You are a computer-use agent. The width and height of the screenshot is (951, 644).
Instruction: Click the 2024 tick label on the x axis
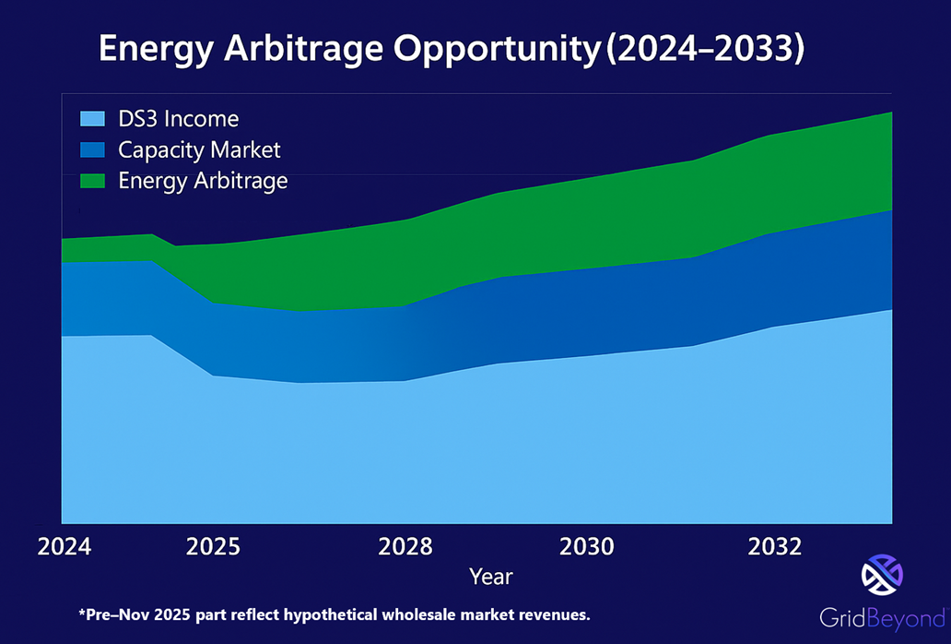tap(65, 547)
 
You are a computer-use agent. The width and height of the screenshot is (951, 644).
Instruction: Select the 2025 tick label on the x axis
tap(213, 547)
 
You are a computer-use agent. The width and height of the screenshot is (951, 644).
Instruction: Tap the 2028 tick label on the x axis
tap(405, 547)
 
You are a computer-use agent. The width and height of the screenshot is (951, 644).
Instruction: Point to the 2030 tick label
tap(587, 547)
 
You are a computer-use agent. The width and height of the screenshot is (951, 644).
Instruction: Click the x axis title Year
tap(490, 577)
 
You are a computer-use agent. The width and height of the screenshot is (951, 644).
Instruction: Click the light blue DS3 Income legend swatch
tap(92, 119)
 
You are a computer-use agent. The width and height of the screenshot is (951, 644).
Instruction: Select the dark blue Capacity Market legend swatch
tap(92, 149)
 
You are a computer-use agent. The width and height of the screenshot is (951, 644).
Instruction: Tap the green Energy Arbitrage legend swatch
tap(92, 180)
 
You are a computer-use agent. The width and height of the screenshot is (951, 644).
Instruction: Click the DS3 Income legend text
tap(179, 119)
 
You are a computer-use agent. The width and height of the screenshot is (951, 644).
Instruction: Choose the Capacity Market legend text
tap(200, 149)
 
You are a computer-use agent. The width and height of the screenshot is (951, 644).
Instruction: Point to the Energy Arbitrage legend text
tap(204, 180)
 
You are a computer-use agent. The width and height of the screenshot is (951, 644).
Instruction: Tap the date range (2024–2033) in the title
tap(706, 50)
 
